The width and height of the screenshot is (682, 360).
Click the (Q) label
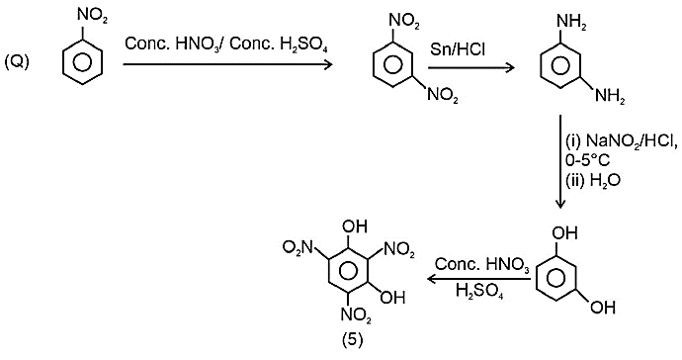point(17,62)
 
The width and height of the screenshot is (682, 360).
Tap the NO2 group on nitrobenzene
point(92,17)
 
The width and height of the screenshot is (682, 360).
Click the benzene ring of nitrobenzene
point(81,62)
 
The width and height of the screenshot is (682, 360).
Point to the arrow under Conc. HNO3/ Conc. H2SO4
point(227,65)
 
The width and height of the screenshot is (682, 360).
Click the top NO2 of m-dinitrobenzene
point(404,22)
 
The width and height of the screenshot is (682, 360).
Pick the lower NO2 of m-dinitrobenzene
point(443,95)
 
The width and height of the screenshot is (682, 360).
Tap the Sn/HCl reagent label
point(458,49)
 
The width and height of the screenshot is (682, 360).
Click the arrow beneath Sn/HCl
point(471,68)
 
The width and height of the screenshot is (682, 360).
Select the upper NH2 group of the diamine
point(572,22)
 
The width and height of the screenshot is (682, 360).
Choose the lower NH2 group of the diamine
point(610,96)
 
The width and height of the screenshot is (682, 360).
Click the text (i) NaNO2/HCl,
point(622,141)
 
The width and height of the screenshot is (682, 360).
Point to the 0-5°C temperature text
point(588,161)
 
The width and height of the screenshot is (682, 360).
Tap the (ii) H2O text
point(592,181)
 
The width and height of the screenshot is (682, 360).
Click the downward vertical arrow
point(560,162)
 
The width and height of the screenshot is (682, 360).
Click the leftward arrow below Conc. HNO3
point(478,279)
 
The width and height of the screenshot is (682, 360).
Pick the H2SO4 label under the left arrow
point(479,291)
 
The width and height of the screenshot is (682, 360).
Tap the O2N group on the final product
point(298,248)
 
